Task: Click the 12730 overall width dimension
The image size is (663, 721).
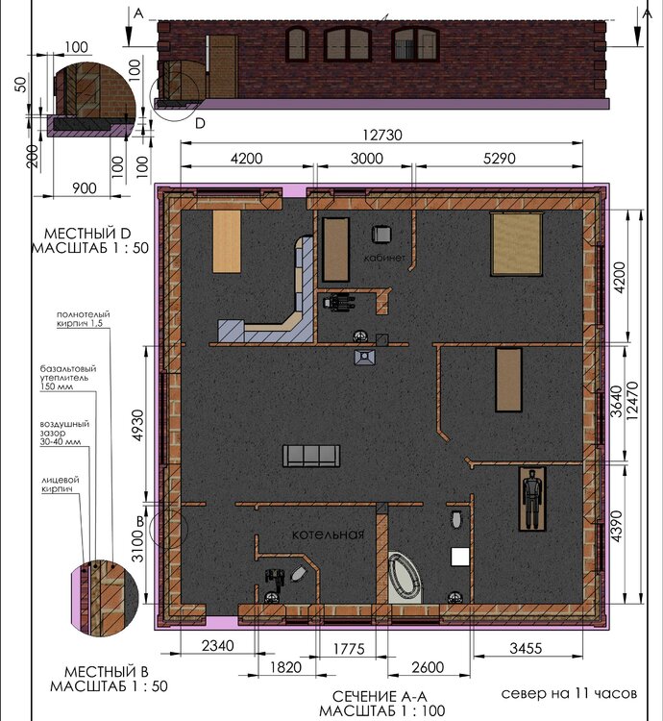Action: (382, 136)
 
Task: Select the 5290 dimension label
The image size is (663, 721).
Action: (500, 159)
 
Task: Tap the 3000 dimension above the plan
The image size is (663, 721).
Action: (367, 159)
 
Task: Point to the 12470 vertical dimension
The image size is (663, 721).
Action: (632, 400)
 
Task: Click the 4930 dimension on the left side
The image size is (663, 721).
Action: (137, 425)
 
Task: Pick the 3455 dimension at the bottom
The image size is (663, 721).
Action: (526, 648)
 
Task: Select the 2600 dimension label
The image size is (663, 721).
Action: (428, 667)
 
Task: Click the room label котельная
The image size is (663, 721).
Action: (328, 535)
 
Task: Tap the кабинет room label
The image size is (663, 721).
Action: (384, 258)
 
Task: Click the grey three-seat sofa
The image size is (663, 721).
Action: (311, 456)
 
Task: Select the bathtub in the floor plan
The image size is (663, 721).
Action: (405, 578)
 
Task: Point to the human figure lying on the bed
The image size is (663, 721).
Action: (532, 498)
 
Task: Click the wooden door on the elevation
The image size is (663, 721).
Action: (223, 66)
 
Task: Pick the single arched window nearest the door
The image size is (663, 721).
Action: (297, 44)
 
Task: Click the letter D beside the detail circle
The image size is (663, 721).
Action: (200, 123)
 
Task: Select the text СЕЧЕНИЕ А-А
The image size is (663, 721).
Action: (380, 696)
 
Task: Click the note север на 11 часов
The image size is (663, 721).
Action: (569, 693)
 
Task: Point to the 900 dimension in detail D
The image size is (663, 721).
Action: (85, 188)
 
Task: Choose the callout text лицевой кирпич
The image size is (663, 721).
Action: (61, 485)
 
